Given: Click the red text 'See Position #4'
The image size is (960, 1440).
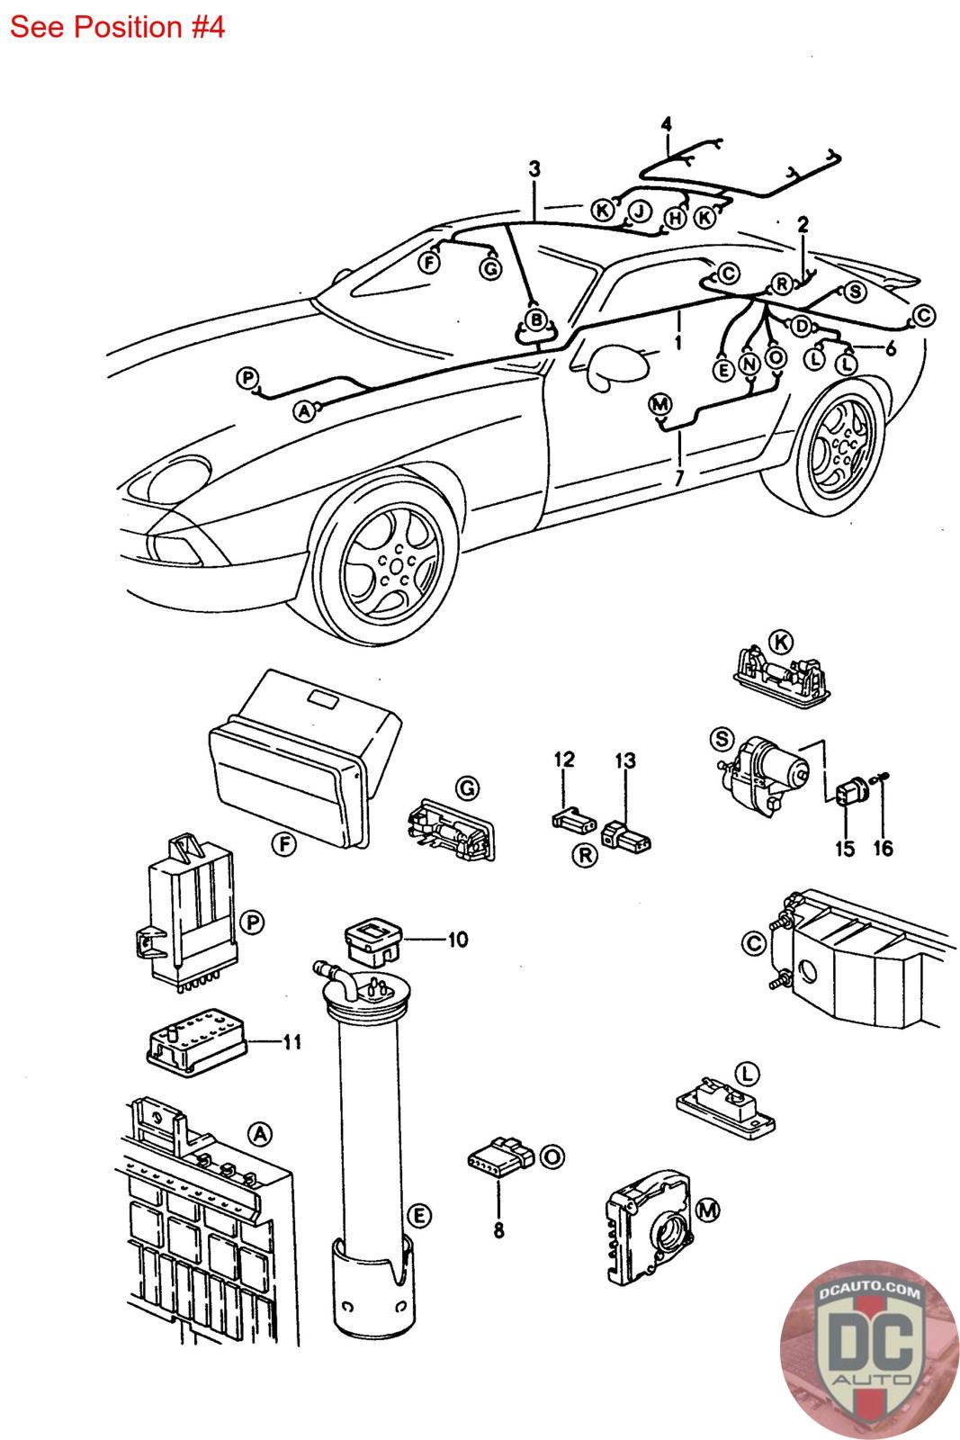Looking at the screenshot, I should click(x=117, y=27).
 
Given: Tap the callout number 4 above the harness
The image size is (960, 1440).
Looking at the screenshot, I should click(x=666, y=124).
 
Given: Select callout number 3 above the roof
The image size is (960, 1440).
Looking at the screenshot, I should click(x=534, y=169).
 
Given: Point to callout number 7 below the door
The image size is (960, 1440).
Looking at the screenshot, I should click(x=679, y=478).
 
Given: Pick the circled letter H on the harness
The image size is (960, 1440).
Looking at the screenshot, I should click(x=674, y=218).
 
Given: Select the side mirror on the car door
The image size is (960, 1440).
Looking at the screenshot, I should click(x=616, y=364).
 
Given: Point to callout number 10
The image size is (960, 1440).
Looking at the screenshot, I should click(x=458, y=940).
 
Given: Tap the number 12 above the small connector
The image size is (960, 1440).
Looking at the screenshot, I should click(x=564, y=760).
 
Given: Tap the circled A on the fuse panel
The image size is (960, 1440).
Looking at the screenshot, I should click(x=259, y=1134).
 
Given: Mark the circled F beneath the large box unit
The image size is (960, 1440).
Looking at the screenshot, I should click(x=284, y=843).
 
